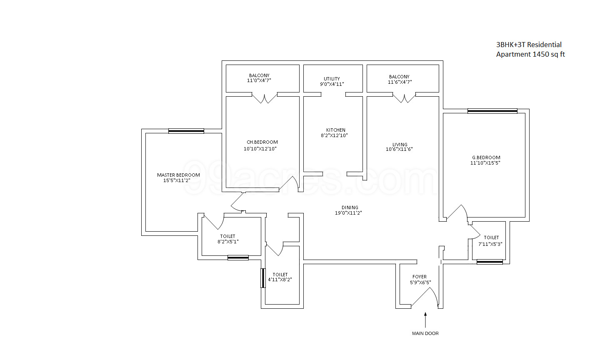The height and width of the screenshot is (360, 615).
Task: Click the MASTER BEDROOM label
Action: (x=178, y=175)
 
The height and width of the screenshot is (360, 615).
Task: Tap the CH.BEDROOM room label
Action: (x=262, y=142)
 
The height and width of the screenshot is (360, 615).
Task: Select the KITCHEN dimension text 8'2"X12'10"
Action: (x=334, y=135)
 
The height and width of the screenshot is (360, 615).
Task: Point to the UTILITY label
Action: (x=332, y=79)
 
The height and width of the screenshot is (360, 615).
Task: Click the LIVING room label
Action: (x=400, y=145)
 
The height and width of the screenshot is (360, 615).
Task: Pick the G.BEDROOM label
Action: (x=486, y=157)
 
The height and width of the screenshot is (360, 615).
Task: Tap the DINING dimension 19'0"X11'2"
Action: (x=348, y=213)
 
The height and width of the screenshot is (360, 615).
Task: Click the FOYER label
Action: (x=420, y=277)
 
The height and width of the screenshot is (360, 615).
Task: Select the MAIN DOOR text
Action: (x=425, y=333)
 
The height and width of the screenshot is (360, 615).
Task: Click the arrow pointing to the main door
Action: (x=425, y=320)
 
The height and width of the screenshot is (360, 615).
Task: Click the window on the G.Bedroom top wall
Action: (x=492, y=111)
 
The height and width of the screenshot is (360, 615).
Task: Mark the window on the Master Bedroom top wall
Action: (x=186, y=131)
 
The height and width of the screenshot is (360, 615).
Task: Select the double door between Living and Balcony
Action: (x=404, y=98)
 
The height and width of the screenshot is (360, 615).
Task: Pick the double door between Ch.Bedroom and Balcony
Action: (x=265, y=98)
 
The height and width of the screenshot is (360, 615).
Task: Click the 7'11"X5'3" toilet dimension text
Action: (x=490, y=244)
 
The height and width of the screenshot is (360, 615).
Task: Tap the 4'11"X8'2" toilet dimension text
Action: (x=280, y=280)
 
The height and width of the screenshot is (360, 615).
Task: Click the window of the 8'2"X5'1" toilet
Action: (x=238, y=257)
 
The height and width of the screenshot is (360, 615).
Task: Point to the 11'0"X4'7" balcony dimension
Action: (x=259, y=80)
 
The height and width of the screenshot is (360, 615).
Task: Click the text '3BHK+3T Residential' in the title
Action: (x=529, y=45)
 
